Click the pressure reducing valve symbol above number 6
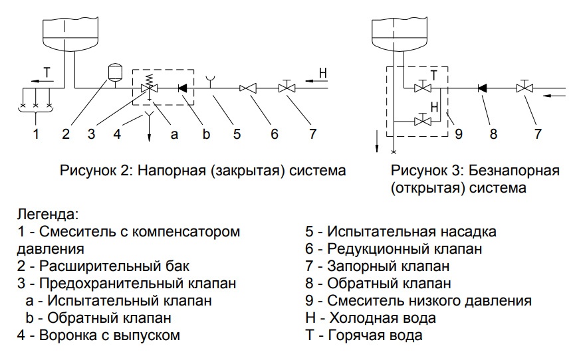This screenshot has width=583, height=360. click(249, 88)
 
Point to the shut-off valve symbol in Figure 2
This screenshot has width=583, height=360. click(287, 87)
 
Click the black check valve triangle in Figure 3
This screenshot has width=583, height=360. click(482, 88)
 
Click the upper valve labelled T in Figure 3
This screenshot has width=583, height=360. click(421, 87)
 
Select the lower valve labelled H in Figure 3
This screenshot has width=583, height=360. click(421, 120)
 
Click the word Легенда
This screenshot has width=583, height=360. click(47, 215)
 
